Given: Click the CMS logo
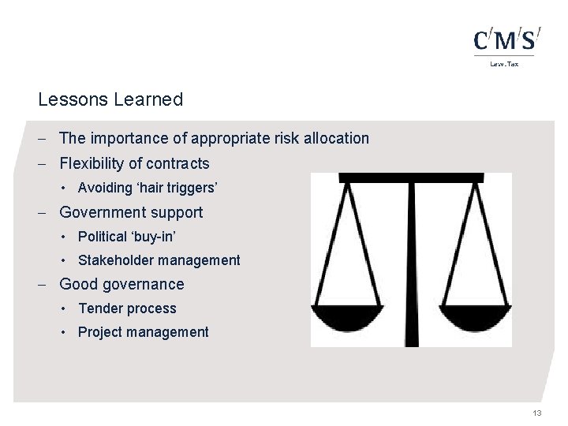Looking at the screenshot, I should (507, 40).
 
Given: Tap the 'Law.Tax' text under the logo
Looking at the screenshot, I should (505, 64).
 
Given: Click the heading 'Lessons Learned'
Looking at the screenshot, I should (110, 99).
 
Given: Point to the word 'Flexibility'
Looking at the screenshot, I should (92, 163).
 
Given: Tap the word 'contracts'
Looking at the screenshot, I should (178, 163).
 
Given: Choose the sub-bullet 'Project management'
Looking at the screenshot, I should (143, 332).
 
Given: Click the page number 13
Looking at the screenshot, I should (537, 413).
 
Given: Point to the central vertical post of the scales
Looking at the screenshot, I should (412, 260).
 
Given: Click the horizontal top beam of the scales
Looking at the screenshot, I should (411, 177).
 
